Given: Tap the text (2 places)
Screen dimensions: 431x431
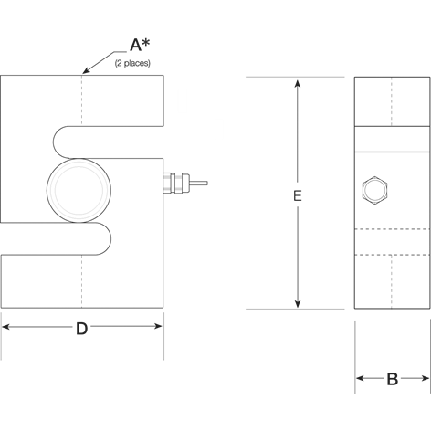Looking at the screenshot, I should tap(132, 63).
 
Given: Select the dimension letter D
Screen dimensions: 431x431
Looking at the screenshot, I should tap(81, 330).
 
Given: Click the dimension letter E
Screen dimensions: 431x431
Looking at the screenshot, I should tap(298, 195).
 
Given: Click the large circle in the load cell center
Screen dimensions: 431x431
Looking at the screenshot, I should tap(79, 187).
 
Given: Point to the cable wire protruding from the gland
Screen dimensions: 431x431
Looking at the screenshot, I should tap(195, 187).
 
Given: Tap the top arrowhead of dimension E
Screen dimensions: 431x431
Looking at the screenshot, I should tap(298, 83).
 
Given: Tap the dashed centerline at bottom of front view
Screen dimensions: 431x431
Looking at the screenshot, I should tap(81, 283).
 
